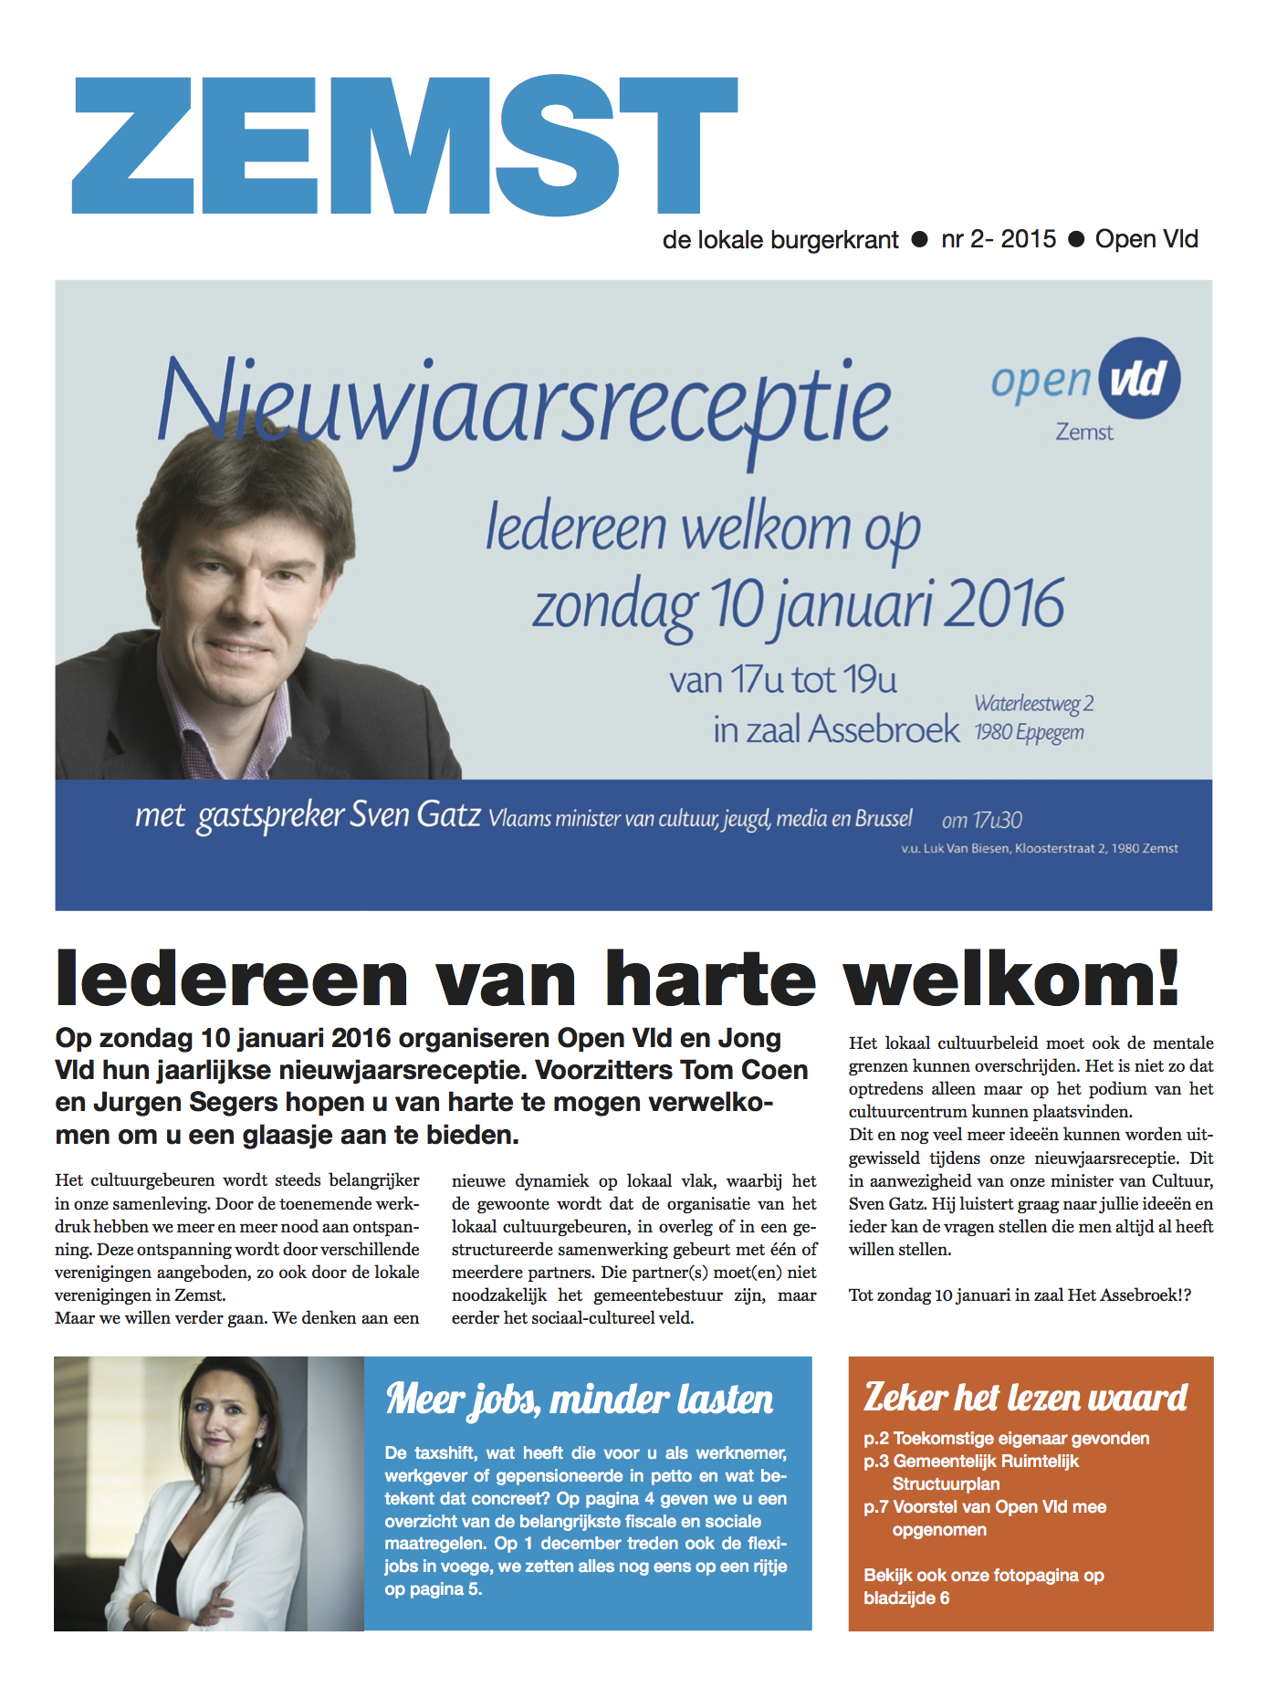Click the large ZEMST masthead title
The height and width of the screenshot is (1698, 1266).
pos(404,146)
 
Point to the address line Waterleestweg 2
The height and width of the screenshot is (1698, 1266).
pos(1033,704)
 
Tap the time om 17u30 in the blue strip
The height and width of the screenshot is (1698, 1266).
pos(981,820)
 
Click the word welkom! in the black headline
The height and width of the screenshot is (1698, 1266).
pos(1011,979)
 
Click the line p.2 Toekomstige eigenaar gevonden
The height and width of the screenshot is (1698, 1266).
pos(1006,1439)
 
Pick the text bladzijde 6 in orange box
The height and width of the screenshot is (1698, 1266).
pos(906,1598)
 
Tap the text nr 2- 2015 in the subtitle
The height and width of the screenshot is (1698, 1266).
pos(999,239)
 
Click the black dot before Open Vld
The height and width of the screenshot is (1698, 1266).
pos(1076,239)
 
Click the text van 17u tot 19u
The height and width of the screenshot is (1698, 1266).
pos(782,680)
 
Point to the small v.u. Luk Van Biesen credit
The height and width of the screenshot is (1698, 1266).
pos(1039,849)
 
